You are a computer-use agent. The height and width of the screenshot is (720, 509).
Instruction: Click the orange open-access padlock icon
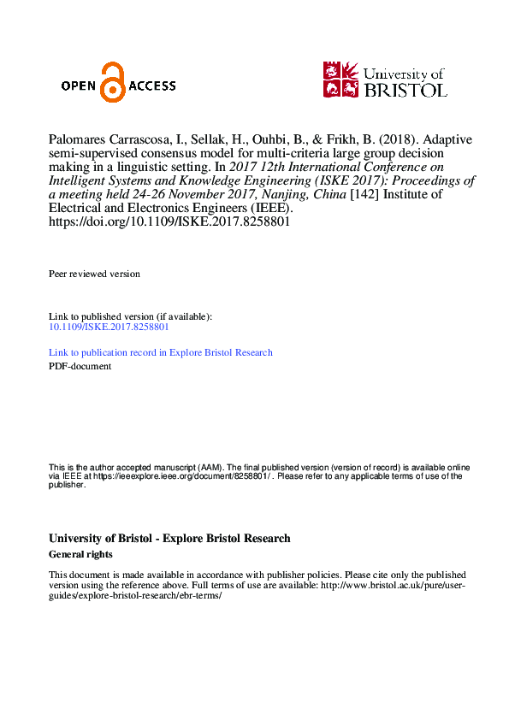coord(112,83)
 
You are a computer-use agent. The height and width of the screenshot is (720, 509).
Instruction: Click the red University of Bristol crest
coord(341,79)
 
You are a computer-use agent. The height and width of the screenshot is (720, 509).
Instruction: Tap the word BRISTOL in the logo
coord(405,89)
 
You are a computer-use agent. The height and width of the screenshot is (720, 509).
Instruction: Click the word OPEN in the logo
coord(80,86)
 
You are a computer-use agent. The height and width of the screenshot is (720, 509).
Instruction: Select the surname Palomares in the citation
coord(79,139)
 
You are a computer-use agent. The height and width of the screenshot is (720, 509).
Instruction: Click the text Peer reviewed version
coord(94,274)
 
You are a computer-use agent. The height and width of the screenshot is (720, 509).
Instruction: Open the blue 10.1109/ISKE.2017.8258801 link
coord(109,327)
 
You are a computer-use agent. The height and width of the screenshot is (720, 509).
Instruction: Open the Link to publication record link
coord(161,352)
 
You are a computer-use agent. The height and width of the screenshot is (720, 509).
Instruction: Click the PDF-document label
coord(80,366)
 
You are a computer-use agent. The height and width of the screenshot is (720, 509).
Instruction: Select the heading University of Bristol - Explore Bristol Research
coord(169,539)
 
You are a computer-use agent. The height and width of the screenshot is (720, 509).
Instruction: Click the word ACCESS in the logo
coord(151,86)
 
